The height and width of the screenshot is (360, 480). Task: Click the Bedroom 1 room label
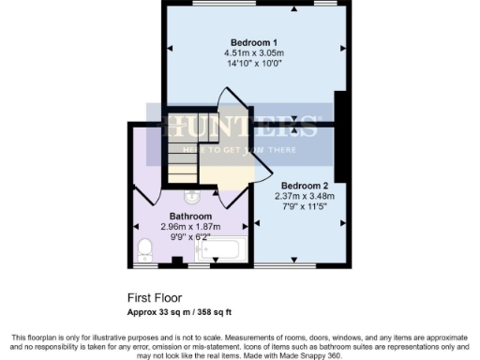[x=254, y=42]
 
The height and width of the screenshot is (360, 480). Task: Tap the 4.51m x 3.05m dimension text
[x=254, y=53]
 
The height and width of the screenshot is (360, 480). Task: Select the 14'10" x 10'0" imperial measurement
[x=254, y=65]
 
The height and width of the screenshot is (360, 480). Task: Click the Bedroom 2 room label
[x=304, y=186]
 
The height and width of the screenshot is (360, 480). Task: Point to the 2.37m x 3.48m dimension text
[x=304, y=196]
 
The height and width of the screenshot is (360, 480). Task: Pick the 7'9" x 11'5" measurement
[x=304, y=206]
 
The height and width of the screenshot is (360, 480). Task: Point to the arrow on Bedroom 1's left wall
[x=170, y=48]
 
